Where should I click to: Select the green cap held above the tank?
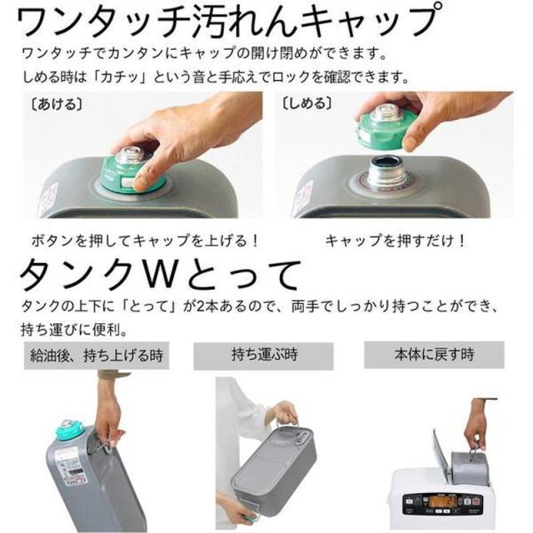tap(387, 125)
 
